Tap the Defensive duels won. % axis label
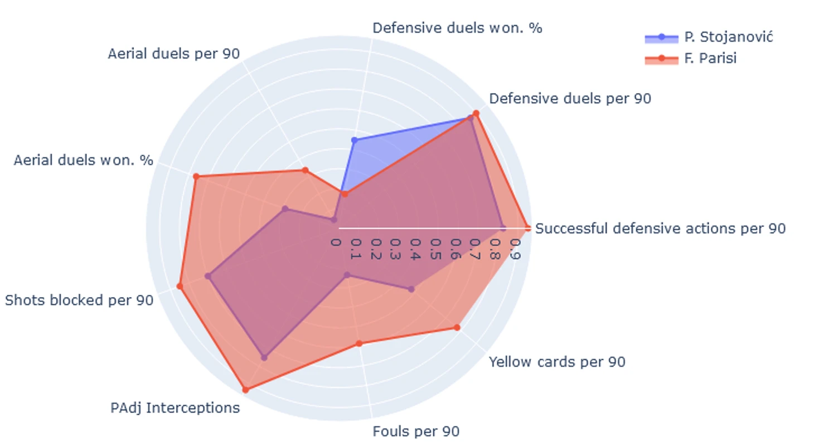coord(457,28)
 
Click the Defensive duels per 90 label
coord(570,99)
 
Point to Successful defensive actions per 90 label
coord(660,229)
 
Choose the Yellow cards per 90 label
coord(556,362)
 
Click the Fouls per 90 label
coord(416,431)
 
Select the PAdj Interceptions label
coord(175,408)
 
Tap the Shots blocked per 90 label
coord(79,300)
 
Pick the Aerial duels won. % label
coord(83,161)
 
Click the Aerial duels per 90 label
coord(174,54)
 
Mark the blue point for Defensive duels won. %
coord(354,140)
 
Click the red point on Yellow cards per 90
coord(457,327)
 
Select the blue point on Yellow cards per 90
coord(411,289)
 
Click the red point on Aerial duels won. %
coord(196,177)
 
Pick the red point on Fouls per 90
coord(359,343)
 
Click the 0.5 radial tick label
coord(435,249)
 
